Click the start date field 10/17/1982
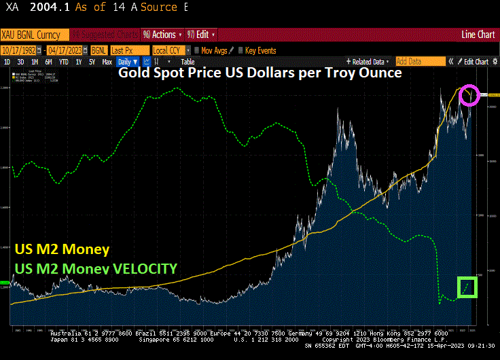coord(23,50)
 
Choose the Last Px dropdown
coord(130,50)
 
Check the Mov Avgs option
coord(212,50)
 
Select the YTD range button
coord(64,62)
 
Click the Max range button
coord(107,62)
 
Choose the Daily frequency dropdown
coord(128,62)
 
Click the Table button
coord(187,62)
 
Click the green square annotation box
coord(467,287)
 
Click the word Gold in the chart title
coord(133,73)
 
